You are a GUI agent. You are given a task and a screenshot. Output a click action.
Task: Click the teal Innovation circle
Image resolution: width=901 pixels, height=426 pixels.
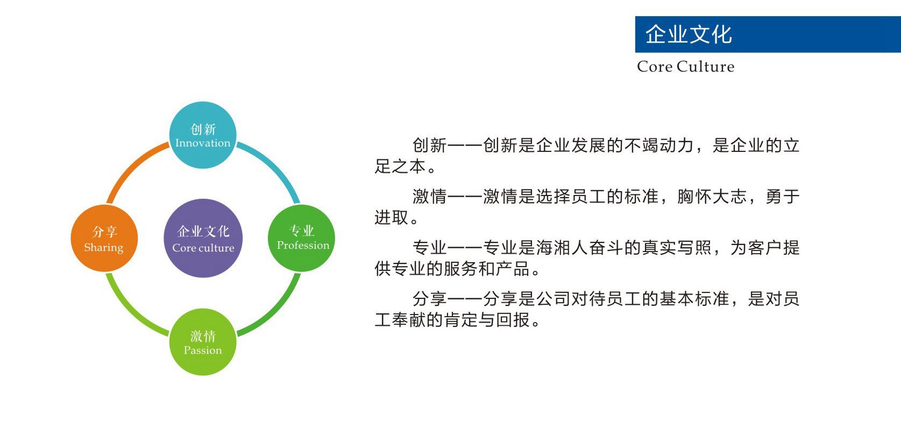click(x=203, y=135)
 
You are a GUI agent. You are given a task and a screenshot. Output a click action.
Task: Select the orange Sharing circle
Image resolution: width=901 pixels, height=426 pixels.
click(x=104, y=238)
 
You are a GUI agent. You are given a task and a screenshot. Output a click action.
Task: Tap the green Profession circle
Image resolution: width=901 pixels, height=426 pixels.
click(x=301, y=238)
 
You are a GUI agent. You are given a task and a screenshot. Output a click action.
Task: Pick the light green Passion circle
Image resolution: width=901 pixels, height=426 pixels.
click(x=203, y=342)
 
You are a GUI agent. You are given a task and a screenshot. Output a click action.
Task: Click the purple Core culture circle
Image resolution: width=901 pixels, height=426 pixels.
click(x=203, y=238)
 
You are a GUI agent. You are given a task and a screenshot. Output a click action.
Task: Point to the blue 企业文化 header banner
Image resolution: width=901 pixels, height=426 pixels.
click(x=768, y=34)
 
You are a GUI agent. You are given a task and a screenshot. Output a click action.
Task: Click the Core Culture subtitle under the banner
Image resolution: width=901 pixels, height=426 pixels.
click(x=685, y=66)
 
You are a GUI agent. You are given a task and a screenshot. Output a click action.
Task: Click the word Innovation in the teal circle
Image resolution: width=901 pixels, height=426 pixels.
click(x=203, y=143)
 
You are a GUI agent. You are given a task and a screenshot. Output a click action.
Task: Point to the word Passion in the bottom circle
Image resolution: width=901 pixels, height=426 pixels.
click(x=203, y=350)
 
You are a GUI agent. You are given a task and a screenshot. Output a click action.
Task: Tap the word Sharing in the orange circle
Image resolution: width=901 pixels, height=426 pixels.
click(x=104, y=248)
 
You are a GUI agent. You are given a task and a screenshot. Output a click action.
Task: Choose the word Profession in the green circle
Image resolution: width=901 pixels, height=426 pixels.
click(x=303, y=245)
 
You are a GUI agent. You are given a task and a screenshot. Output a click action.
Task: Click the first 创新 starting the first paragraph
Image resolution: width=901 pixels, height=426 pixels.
click(x=430, y=145)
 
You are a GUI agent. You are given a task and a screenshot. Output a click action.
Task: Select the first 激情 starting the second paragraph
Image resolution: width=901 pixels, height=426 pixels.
click(x=430, y=197)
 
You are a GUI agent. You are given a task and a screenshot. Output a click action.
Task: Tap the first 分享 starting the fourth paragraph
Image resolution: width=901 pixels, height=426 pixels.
click(x=430, y=299)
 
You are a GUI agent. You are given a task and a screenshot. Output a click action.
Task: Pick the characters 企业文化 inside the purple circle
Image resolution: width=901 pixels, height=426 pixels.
click(x=203, y=231)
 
